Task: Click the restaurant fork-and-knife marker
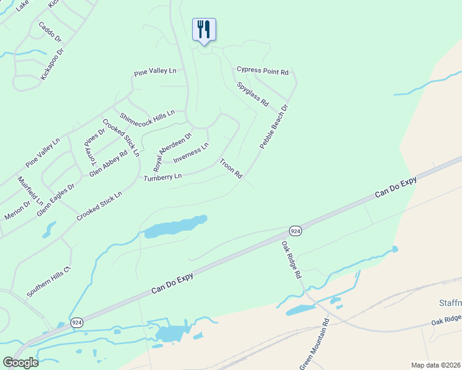[204, 29]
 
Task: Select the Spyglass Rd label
[253, 94]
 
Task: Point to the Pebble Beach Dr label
[274, 126]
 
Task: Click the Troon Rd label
[232, 168]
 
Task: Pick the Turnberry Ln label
[162, 177]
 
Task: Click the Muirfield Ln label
[30, 191]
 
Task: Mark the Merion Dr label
[17, 209]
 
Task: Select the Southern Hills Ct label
[49, 281]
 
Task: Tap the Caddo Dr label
[50, 32]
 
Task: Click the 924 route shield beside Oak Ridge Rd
[296, 231]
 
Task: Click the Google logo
[20, 363]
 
